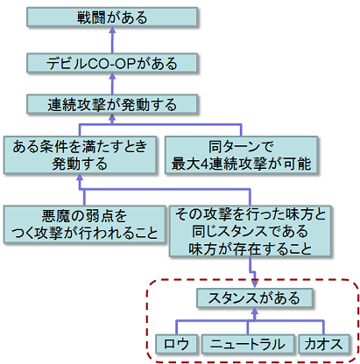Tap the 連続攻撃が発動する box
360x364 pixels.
tap(113, 104)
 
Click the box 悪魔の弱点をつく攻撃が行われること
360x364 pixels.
tap(85, 223)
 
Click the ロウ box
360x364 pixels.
tap(175, 343)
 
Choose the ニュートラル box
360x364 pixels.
tap(248, 343)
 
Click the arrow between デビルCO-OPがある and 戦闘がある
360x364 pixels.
tap(113, 38)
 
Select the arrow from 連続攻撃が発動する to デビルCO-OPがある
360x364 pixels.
tap(113, 83)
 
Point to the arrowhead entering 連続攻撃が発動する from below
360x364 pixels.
tap(113, 119)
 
